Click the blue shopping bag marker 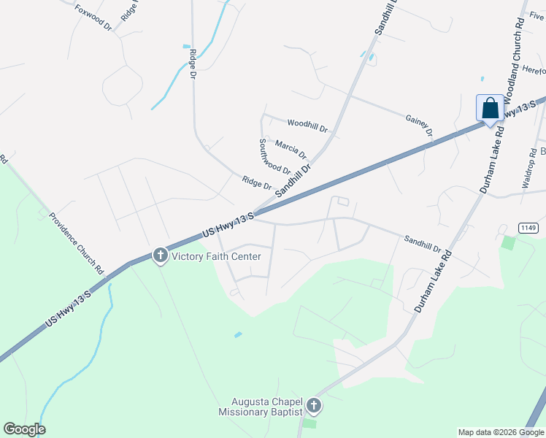pyautogui.click(x=491, y=109)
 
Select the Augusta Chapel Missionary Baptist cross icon pyautogui.click(x=314, y=406)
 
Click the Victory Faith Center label pyautogui.click(x=215, y=256)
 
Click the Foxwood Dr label pyautogui.click(x=93, y=18)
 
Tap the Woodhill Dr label pyautogui.click(x=308, y=126)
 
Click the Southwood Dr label pyautogui.click(x=274, y=157)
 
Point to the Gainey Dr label pyautogui.click(x=419, y=124)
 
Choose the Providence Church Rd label pyautogui.click(x=77, y=240)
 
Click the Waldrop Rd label pyautogui.click(x=528, y=170)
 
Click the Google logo pyautogui.click(x=24, y=429)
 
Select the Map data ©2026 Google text pyautogui.click(x=500, y=432)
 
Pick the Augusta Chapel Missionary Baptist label pyautogui.click(x=261, y=407)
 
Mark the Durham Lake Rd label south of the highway pyautogui.click(x=434, y=283)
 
